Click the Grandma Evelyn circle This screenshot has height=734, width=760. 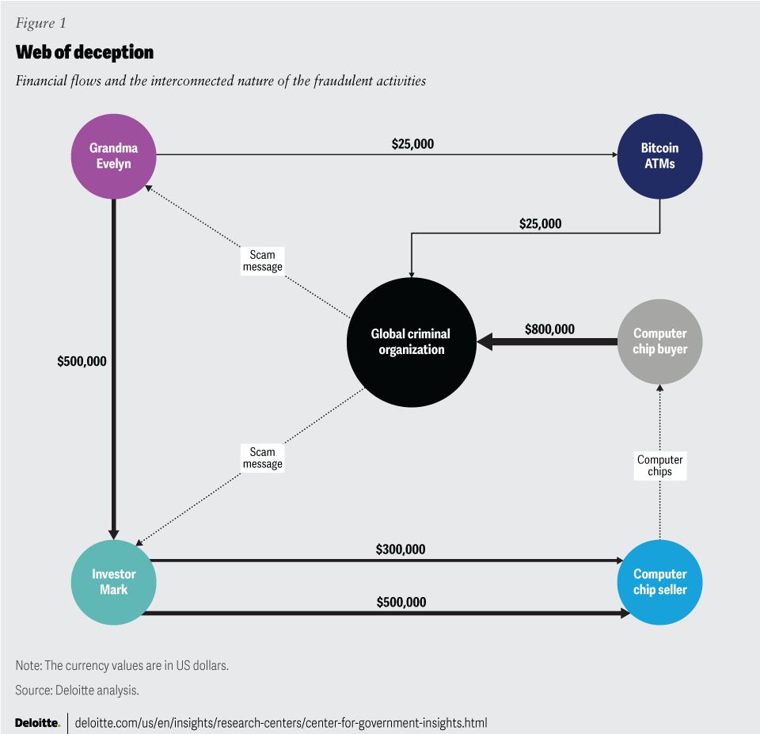(113, 156)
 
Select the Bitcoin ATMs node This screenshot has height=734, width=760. (659, 156)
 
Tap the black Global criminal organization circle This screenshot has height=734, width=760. (411, 342)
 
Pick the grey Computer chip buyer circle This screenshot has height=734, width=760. (659, 341)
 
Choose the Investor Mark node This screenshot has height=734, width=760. (113, 582)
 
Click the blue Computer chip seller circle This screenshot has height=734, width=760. (659, 582)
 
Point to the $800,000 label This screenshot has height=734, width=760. (549, 329)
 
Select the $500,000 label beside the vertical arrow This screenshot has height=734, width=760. (82, 361)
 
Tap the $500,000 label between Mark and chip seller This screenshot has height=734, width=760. (401, 603)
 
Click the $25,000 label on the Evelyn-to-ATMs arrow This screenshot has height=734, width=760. (412, 144)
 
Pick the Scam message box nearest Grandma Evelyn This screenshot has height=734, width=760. (262, 261)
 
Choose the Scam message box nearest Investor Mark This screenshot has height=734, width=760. (262, 458)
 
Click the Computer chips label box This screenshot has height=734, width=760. (659, 466)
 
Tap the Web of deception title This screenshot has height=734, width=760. (84, 53)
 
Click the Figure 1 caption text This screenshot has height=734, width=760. (40, 23)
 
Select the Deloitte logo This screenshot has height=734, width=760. (37, 723)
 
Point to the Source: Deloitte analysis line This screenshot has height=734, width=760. (77, 690)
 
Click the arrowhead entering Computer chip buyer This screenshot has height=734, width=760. (659, 389)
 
